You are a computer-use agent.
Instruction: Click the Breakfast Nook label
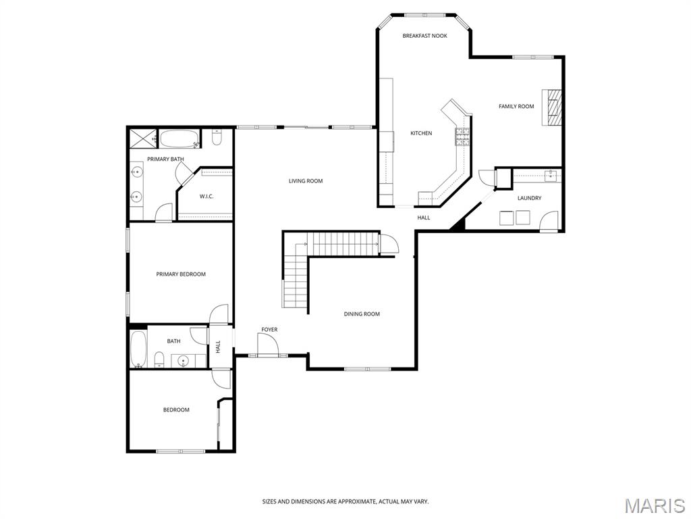(x=424, y=36)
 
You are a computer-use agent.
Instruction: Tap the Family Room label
(x=516, y=106)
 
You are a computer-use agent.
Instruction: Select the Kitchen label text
(x=421, y=133)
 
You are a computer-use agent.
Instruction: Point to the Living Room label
(x=306, y=181)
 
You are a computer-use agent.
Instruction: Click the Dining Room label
(x=362, y=314)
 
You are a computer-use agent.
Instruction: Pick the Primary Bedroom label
(x=181, y=274)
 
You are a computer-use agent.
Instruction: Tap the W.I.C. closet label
(x=206, y=197)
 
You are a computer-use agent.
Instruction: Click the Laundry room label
(x=529, y=198)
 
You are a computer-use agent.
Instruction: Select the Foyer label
(x=269, y=330)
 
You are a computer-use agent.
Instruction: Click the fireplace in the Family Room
(x=553, y=107)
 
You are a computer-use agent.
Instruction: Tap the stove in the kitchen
(x=462, y=137)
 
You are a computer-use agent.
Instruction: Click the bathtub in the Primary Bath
(x=179, y=140)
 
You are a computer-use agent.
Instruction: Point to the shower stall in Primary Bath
(x=142, y=139)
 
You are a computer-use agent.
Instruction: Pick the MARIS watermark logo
(x=654, y=505)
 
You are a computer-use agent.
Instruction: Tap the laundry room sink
(x=550, y=177)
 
